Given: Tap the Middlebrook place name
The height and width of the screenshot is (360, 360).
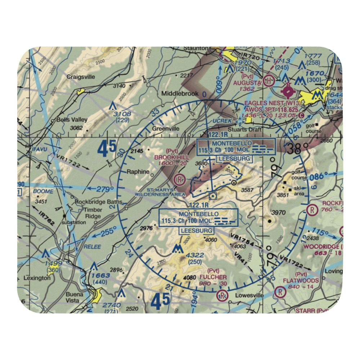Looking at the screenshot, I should click(x=180, y=94).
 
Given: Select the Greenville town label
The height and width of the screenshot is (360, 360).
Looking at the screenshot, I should click(x=165, y=128).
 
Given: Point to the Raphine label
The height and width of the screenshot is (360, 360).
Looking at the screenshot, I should click(x=138, y=172).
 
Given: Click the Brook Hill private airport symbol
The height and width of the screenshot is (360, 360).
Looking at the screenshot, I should click(x=179, y=179).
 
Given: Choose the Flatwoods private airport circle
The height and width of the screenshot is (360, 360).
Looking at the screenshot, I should click(x=280, y=292).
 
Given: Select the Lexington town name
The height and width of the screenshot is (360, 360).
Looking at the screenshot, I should click(x=37, y=278).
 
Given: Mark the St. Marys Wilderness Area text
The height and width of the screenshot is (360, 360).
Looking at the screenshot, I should click(x=160, y=192).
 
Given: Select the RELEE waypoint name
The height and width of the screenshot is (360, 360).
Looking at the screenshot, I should click(x=93, y=247).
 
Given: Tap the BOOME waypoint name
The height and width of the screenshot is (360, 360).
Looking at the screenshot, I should click(x=44, y=191).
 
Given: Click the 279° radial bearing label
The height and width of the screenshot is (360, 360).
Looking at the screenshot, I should click(x=105, y=188).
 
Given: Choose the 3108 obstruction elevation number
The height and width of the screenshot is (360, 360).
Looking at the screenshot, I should click(x=122, y=114).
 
